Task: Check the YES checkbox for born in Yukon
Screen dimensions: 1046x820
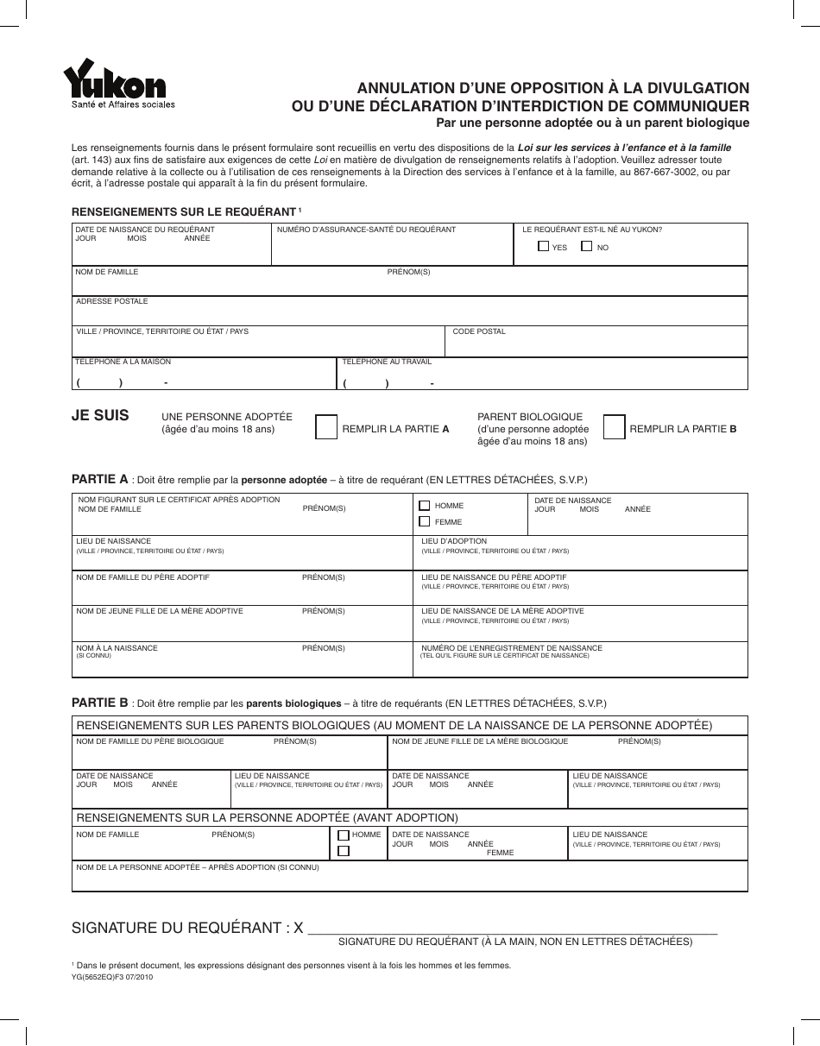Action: click(x=543, y=247)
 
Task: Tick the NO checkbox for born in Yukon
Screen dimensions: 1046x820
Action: click(x=587, y=247)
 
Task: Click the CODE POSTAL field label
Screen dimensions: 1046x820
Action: click(x=479, y=332)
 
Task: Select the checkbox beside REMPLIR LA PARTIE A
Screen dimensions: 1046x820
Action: click(x=326, y=428)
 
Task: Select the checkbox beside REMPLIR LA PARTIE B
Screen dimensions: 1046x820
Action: click(x=614, y=428)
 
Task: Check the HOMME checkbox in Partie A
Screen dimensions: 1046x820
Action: click(x=424, y=506)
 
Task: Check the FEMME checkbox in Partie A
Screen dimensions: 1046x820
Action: click(x=424, y=521)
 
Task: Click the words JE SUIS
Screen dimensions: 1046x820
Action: click(x=100, y=416)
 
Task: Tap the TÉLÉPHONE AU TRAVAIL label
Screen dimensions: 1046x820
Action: click(x=387, y=362)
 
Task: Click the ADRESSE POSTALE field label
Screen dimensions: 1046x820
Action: click(x=112, y=301)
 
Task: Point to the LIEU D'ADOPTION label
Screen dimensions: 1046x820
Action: click(x=454, y=541)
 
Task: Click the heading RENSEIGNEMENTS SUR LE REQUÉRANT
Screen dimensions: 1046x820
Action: click(x=183, y=211)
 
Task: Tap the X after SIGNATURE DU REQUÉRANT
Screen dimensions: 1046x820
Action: click(x=299, y=929)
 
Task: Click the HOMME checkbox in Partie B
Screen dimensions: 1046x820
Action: click(x=344, y=835)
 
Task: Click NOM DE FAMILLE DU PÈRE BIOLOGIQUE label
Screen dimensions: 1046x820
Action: click(x=150, y=741)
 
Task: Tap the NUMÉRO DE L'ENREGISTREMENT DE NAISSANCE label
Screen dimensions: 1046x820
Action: click(x=512, y=648)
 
